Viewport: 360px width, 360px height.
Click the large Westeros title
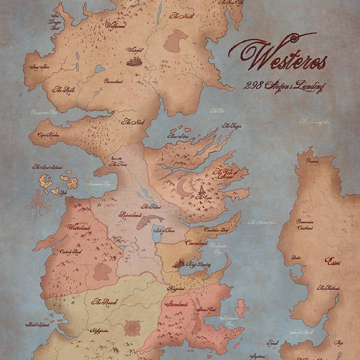(277, 55)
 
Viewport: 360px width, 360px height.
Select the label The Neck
(133, 121)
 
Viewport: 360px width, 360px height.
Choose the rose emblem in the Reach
(132, 327)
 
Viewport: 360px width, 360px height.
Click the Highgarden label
(100, 330)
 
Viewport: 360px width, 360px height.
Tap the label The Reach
(104, 303)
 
